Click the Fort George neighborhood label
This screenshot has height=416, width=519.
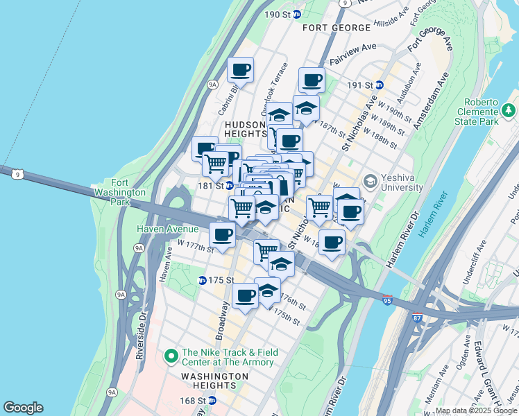(x=337, y=28)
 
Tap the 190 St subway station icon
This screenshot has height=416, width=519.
(x=297, y=14)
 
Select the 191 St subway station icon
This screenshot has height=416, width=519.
(x=380, y=85)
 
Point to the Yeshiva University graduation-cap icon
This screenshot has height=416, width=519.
(x=370, y=181)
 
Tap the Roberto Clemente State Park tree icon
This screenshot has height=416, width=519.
(x=509, y=110)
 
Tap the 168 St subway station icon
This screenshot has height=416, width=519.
(x=212, y=400)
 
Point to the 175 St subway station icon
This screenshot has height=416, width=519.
(x=203, y=280)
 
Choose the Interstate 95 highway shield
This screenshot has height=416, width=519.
(x=387, y=300)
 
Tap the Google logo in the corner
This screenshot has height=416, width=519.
(x=23, y=408)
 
